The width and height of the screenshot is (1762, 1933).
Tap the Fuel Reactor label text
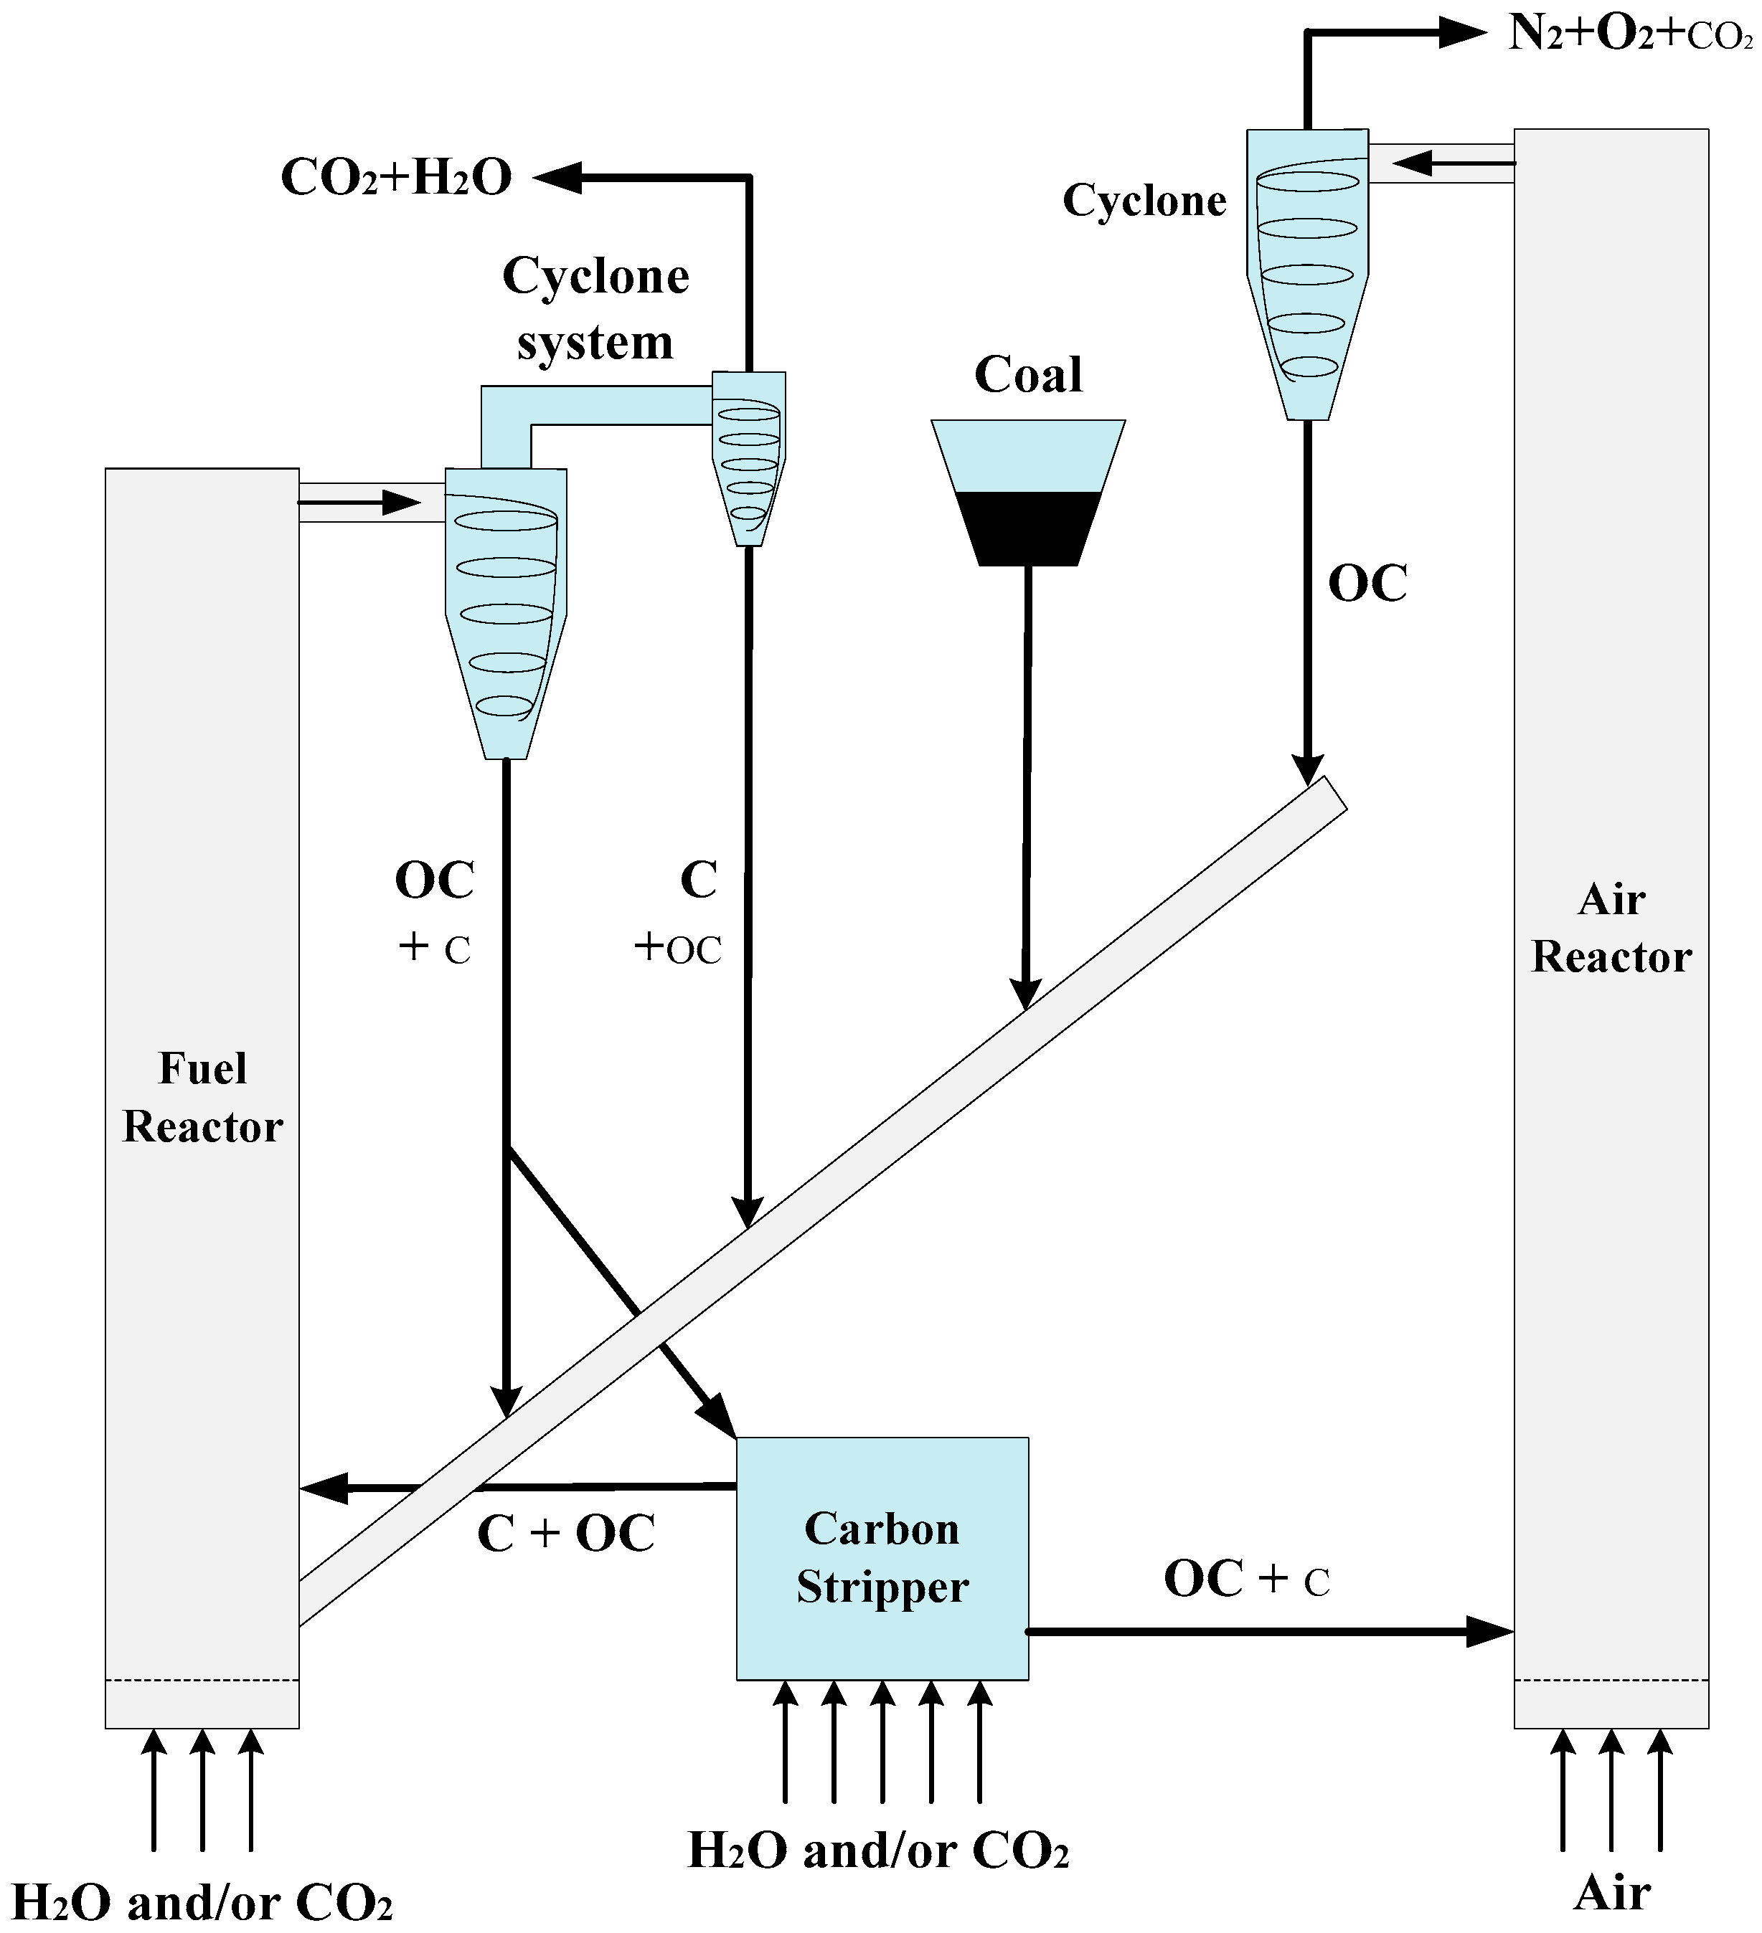point(202,1097)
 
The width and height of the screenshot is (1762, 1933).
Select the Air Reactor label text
point(1611,928)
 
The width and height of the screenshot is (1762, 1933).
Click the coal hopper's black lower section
point(1027,528)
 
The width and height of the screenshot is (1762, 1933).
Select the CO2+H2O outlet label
point(396,177)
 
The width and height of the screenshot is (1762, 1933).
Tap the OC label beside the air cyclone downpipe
point(1367,583)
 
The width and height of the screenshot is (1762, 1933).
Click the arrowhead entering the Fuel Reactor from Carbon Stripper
point(324,1488)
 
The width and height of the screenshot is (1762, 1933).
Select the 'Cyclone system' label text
point(595,309)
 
